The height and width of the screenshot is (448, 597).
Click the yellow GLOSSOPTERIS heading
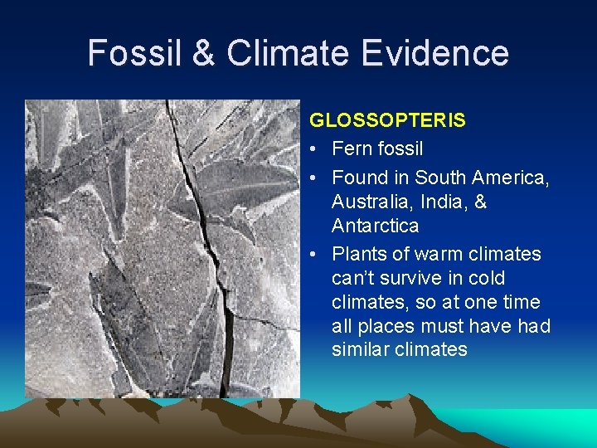point(387,120)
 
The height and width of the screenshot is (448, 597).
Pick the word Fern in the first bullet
point(350,149)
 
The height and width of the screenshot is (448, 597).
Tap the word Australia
point(367,202)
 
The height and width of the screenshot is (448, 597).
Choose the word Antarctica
point(375,226)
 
